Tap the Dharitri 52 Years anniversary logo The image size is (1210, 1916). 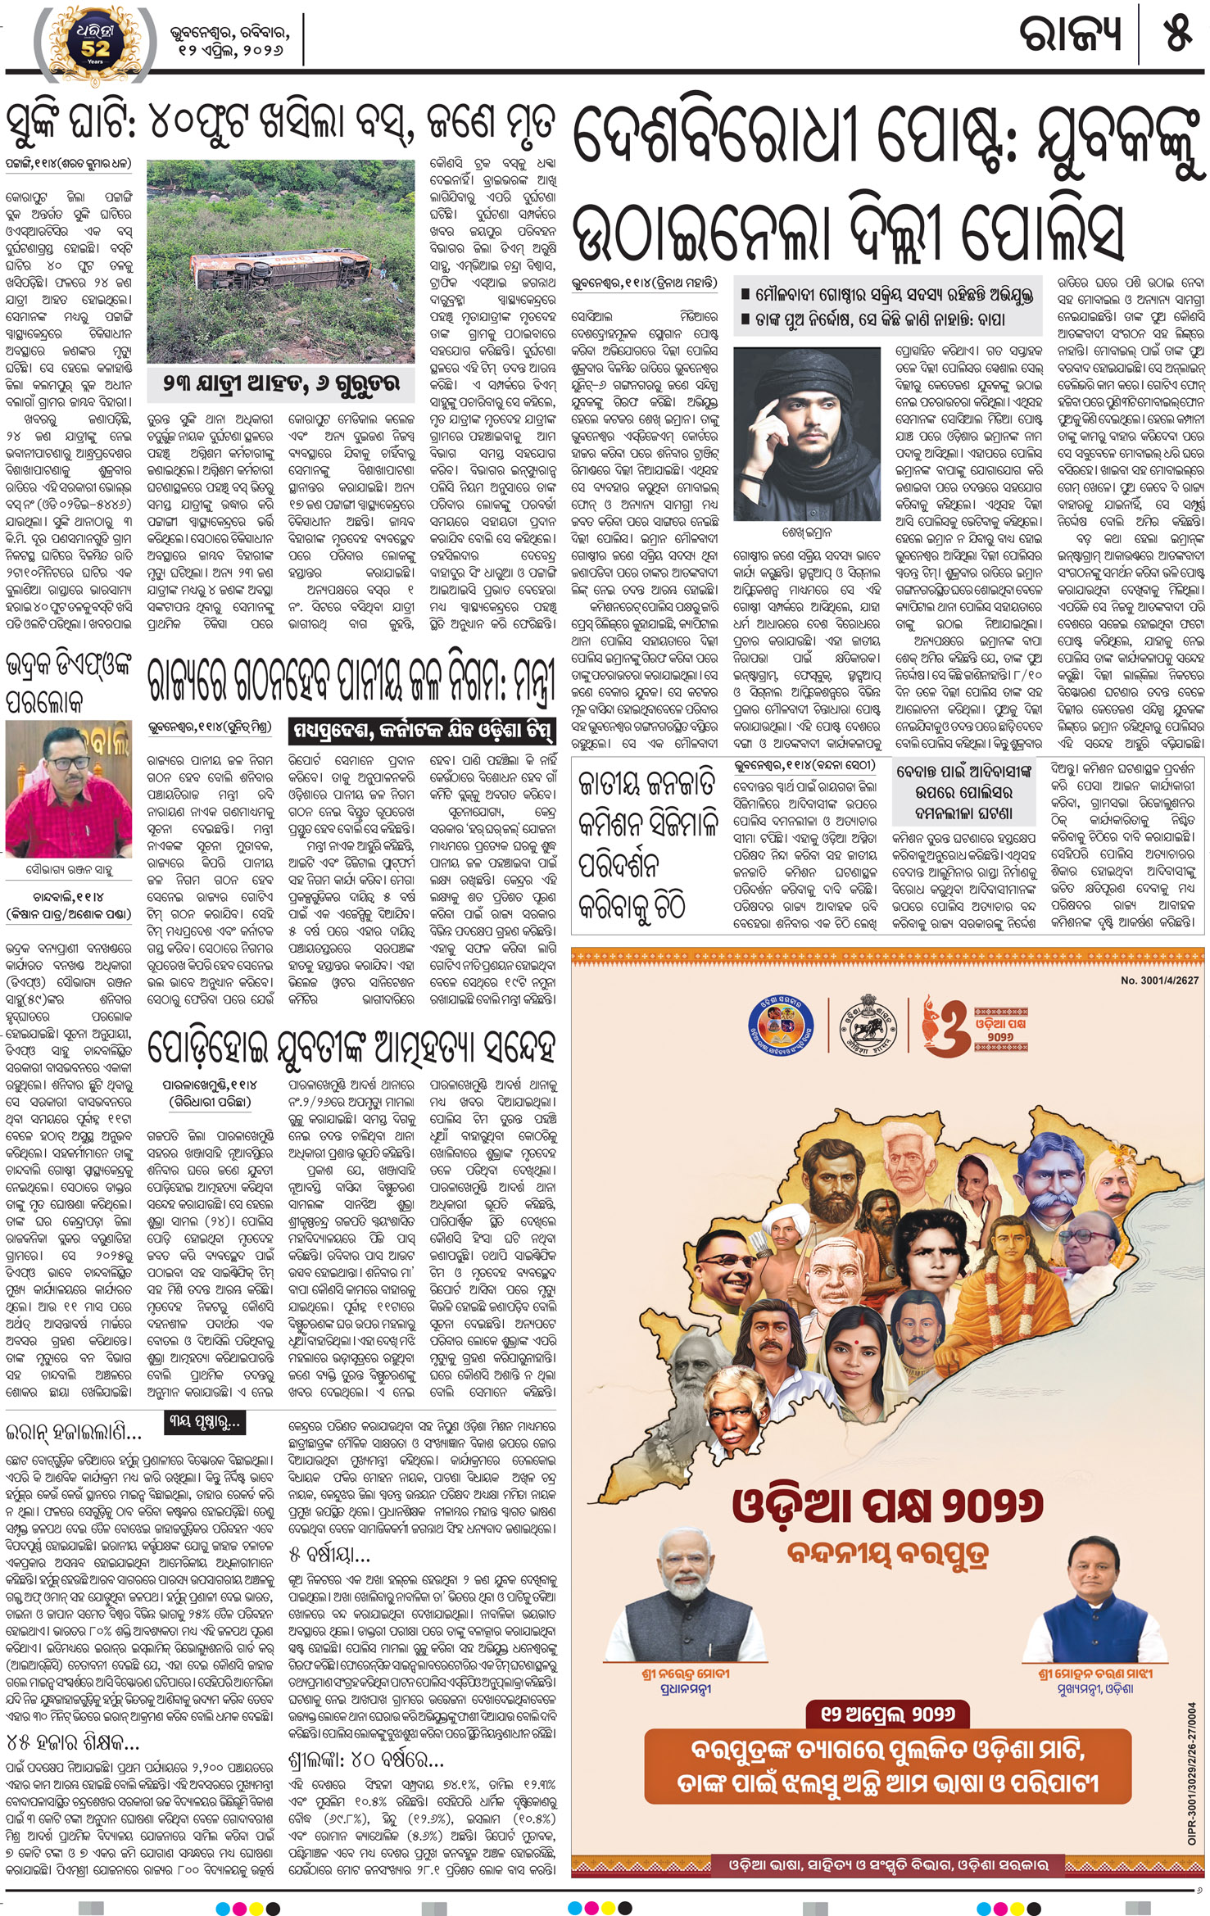(x=94, y=45)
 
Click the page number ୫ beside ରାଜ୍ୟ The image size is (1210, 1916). (x=1177, y=34)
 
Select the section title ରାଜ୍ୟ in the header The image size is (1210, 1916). (x=1070, y=35)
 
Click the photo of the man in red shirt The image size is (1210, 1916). (x=68, y=790)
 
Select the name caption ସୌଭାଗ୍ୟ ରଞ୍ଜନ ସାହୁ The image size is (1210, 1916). (x=69, y=870)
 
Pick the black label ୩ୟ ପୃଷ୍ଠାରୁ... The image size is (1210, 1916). (x=204, y=1423)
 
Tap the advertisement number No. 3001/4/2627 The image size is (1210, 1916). (x=1158, y=981)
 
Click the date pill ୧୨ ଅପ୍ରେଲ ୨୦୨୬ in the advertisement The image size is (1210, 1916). (x=887, y=1714)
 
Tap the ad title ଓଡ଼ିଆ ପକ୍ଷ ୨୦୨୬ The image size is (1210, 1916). (x=888, y=1504)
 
